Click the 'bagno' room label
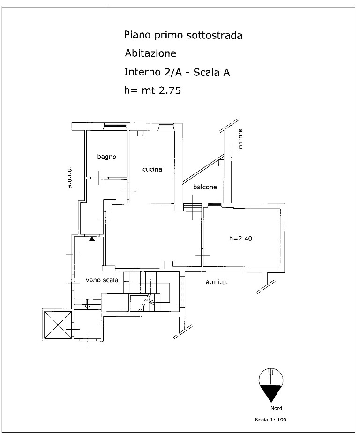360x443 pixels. (x=107, y=157)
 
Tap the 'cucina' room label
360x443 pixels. (x=152, y=169)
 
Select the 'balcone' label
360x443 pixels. (x=205, y=187)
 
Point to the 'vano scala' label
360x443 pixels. (x=102, y=280)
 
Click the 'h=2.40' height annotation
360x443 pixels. (x=240, y=238)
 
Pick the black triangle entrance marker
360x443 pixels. (x=92, y=239)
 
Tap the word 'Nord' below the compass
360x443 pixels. (x=276, y=408)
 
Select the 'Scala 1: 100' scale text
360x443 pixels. (x=270, y=420)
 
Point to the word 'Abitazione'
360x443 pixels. (x=150, y=53)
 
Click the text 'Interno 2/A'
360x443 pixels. (x=153, y=72)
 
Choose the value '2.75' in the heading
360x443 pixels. (x=170, y=90)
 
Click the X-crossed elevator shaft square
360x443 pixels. (x=57, y=325)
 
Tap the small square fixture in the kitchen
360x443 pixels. (x=141, y=134)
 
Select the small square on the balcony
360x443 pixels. (x=221, y=163)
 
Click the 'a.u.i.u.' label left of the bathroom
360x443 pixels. (x=69, y=177)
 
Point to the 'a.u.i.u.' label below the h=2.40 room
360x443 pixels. (x=217, y=282)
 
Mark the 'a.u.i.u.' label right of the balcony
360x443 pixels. (x=240, y=140)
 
